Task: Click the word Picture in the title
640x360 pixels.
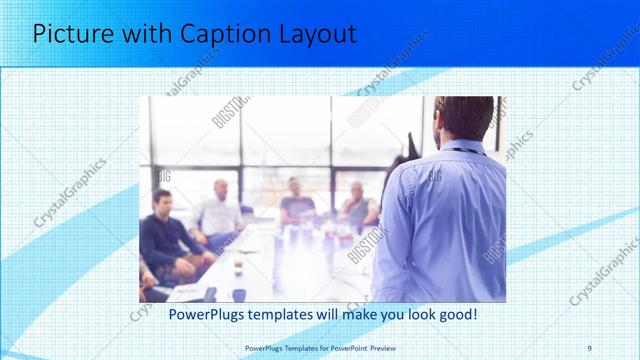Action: point(71,33)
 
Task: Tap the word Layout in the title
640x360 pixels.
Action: point(315,33)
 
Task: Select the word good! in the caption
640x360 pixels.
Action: point(455,314)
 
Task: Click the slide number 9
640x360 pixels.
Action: point(589,347)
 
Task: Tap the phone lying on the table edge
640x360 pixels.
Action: point(209,293)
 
